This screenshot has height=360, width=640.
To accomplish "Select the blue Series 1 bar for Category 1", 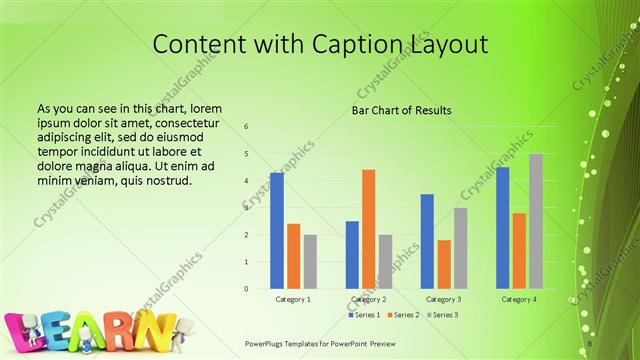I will click(277, 230).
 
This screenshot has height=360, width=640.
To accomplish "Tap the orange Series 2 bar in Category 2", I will click(369, 229).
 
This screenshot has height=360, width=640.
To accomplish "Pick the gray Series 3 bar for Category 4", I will click(536, 221).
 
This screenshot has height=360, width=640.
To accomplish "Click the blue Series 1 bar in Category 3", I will click(427, 241).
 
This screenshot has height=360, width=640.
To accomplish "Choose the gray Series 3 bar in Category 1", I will click(310, 261).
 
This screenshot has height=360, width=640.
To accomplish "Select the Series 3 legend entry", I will click(442, 315).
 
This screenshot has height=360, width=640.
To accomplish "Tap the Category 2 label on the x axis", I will click(368, 299).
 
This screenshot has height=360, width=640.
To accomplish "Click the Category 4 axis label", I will click(519, 299).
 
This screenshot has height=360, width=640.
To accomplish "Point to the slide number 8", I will click(591, 342).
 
